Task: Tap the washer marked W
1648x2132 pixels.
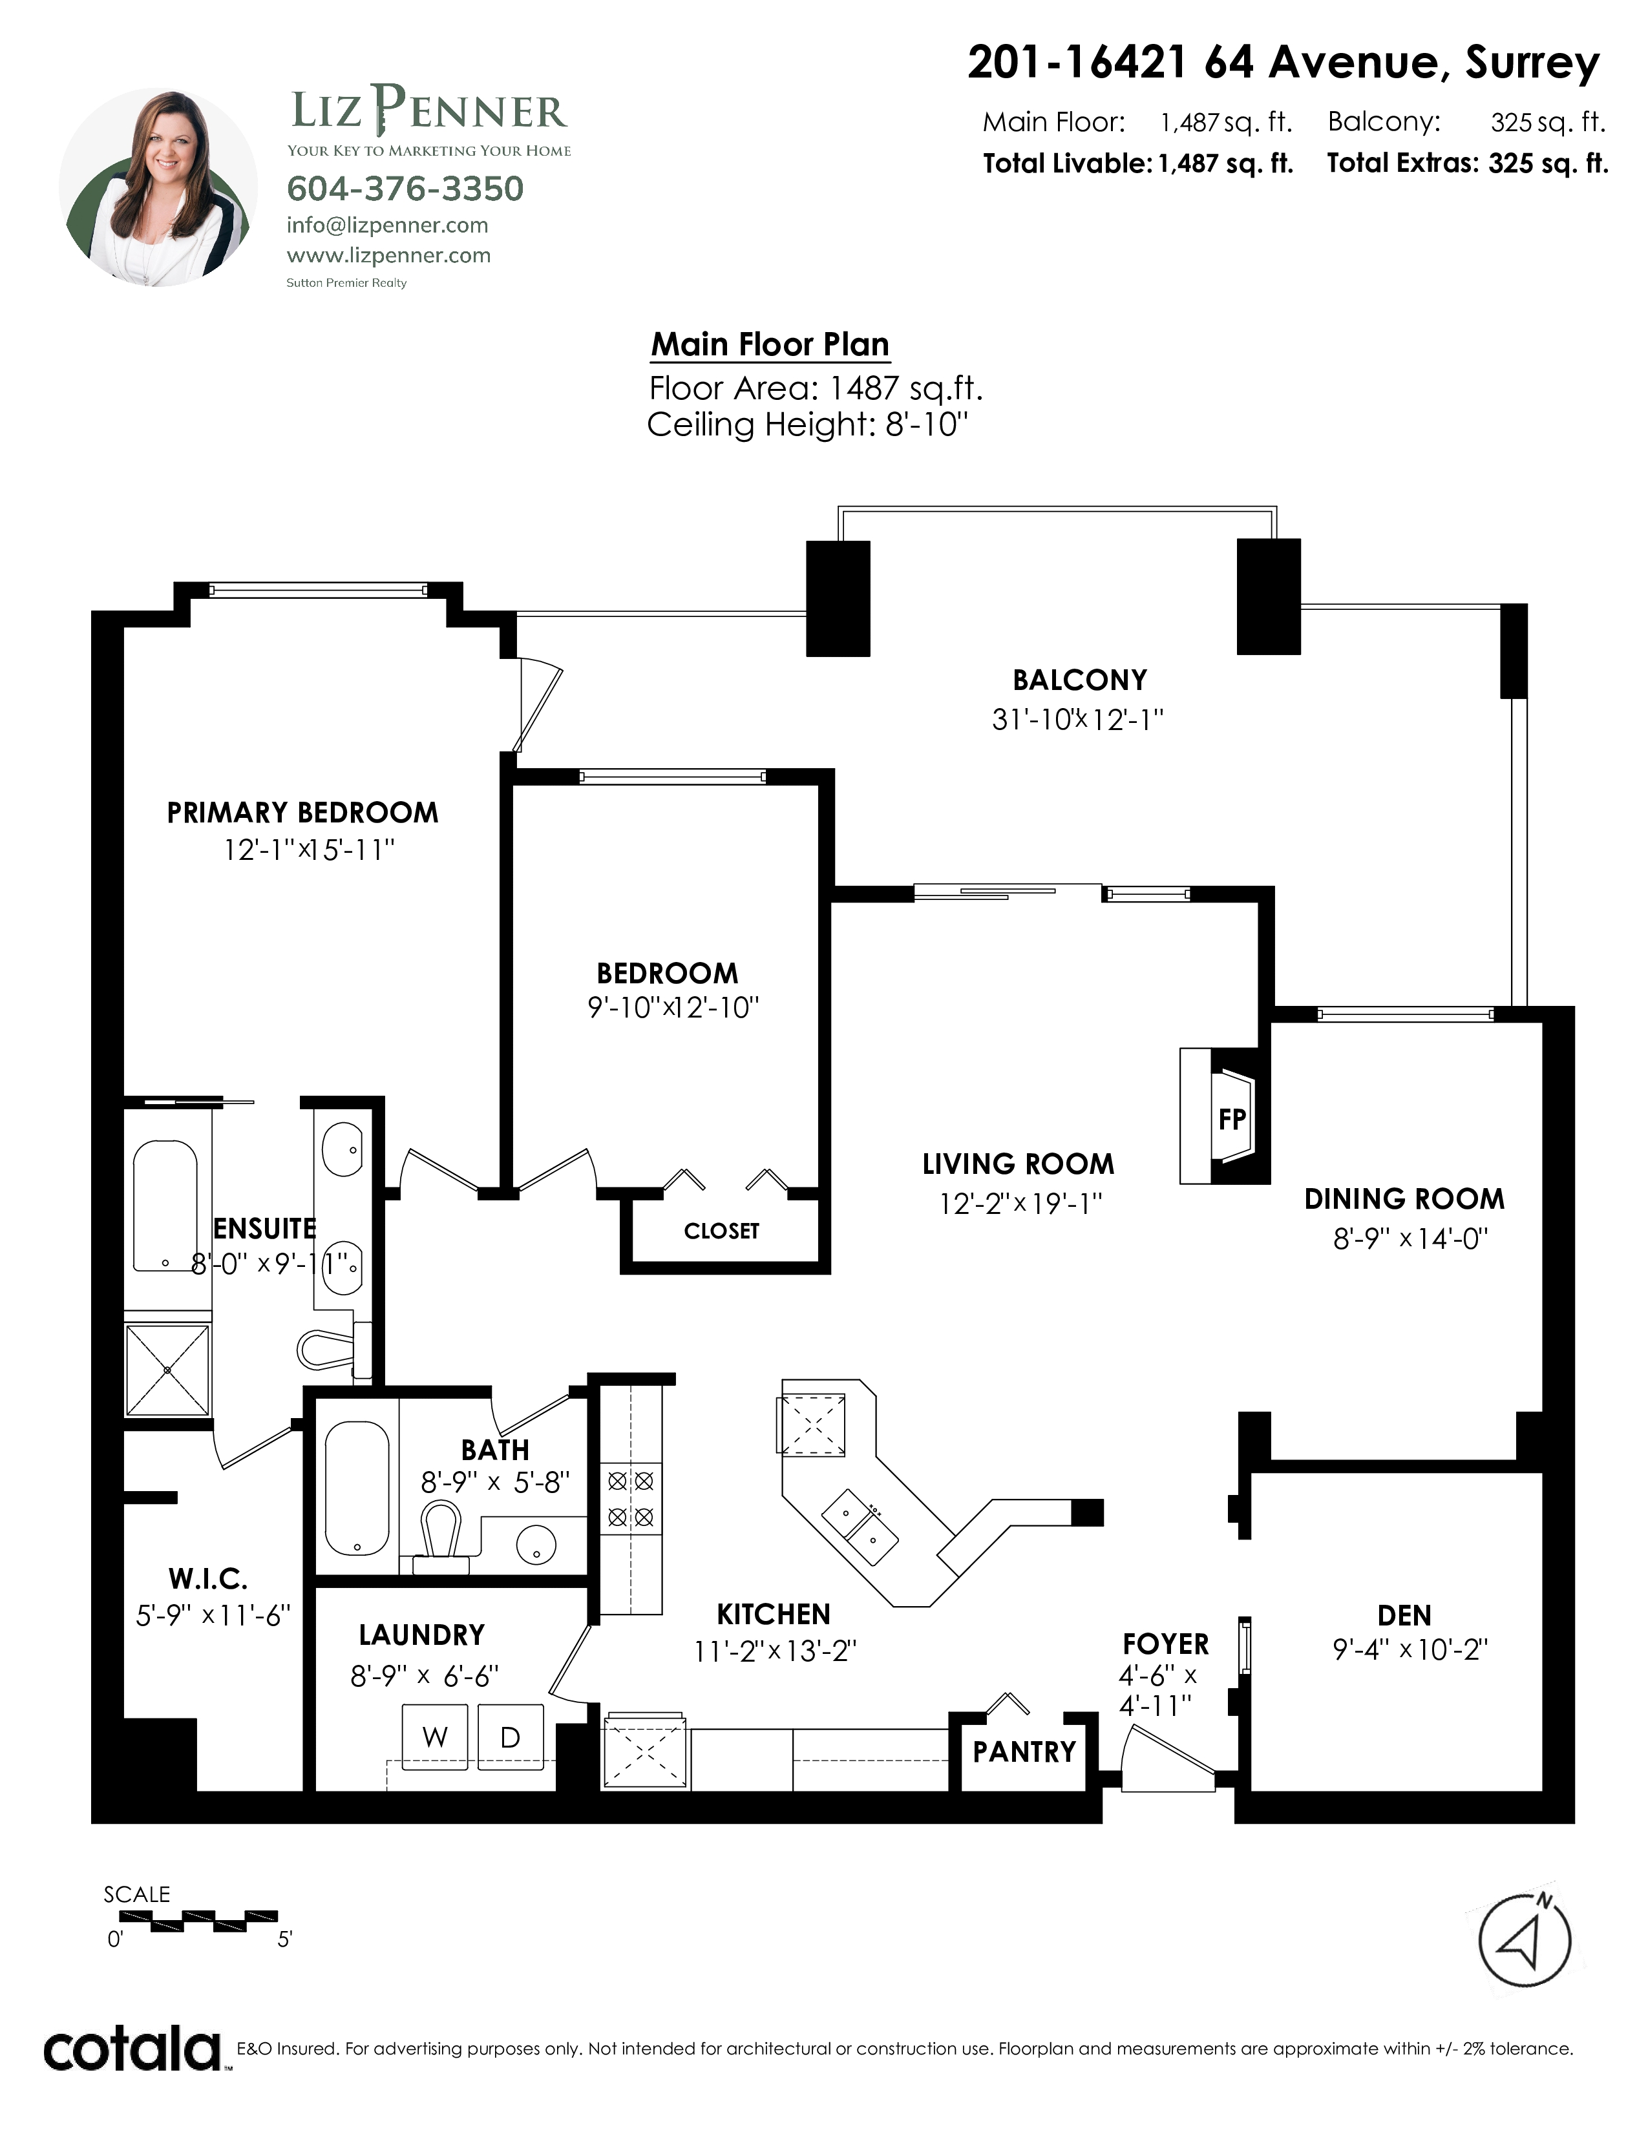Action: coord(436,1738)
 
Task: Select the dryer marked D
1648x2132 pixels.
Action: coord(510,1738)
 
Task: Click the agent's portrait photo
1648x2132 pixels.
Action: coord(158,187)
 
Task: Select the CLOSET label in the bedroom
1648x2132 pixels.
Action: coord(721,1231)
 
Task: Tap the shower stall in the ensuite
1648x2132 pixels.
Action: coord(167,1370)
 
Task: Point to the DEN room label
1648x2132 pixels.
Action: coord(1404,1616)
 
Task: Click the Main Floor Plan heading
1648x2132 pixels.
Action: coord(770,344)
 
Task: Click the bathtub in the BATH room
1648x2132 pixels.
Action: coord(357,1488)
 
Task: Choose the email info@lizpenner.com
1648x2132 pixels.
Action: coord(388,225)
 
